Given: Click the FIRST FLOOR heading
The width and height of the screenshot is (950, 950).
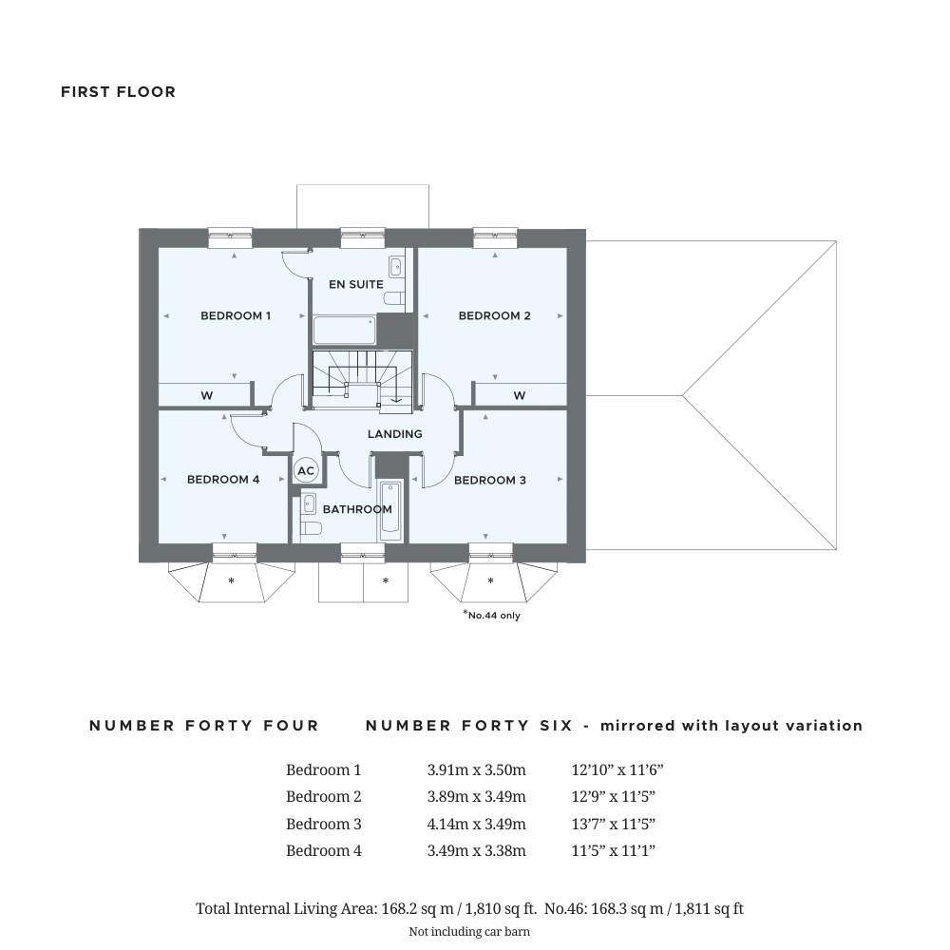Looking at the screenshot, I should pyautogui.click(x=118, y=92).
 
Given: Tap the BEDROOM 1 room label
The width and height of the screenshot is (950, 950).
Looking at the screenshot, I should pyautogui.click(x=236, y=315).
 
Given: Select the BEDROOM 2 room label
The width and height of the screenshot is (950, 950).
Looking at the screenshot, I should pyautogui.click(x=494, y=315).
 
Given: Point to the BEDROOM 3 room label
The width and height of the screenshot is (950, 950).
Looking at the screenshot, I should pyautogui.click(x=489, y=480).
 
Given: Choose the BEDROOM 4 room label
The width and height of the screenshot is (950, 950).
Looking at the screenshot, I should pyautogui.click(x=223, y=480).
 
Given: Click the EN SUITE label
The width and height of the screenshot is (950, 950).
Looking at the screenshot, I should pyautogui.click(x=356, y=284).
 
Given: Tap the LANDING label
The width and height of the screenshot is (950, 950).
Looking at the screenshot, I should pyautogui.click(x=395, y=434).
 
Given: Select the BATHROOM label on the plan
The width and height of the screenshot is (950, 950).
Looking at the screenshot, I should pyautogui.click(x=357, y=509).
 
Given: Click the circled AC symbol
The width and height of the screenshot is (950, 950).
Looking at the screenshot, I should pyautogui.click(x=306, y=470).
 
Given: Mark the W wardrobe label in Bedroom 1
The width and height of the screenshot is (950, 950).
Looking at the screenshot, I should pyautogui.click(x=206, y=395).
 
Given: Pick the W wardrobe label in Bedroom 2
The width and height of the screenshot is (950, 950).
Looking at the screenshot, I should pyautogui.click(x=520, y=395).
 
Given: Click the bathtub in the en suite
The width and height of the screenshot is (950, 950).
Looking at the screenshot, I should pyautogui.click(x=344, y=332).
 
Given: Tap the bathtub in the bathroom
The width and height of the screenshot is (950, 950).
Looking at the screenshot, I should pyautogui.click(x=390, y=511).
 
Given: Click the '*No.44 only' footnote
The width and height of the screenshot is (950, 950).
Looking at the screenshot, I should pyautogui.click(x=491, y=615).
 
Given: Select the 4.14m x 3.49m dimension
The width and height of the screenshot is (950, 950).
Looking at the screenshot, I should pyautogui.click(x=476, y=824).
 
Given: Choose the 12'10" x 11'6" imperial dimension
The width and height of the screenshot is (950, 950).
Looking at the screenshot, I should pyautogui.click(x=617, y=769).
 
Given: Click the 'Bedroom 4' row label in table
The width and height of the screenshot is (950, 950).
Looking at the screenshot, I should pyautogui.click(x=323, y=850).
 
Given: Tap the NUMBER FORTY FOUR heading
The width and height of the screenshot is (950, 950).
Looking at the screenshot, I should pyautogui.click(x=204, y=726).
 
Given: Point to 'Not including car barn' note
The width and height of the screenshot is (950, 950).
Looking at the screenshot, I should pyautogui.click(x=469, y=931).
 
